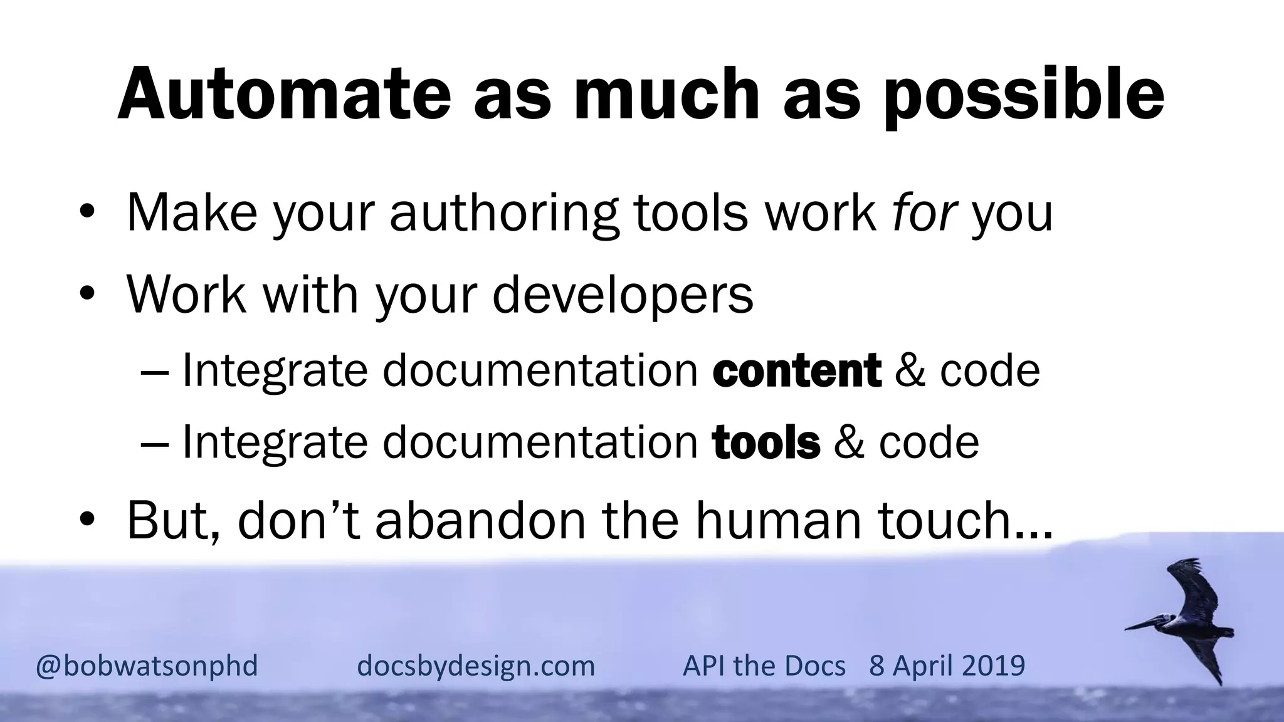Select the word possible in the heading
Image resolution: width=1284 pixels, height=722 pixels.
tap(1024, 94)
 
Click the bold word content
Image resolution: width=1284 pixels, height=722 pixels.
tap(797, 370)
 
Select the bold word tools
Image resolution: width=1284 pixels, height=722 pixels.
tap(766, 442)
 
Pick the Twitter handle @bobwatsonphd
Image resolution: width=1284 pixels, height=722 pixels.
tap(147, 665)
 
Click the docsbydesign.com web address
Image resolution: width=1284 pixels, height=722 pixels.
tap(476, 665)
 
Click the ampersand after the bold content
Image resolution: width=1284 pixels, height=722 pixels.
tap(910, 370)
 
